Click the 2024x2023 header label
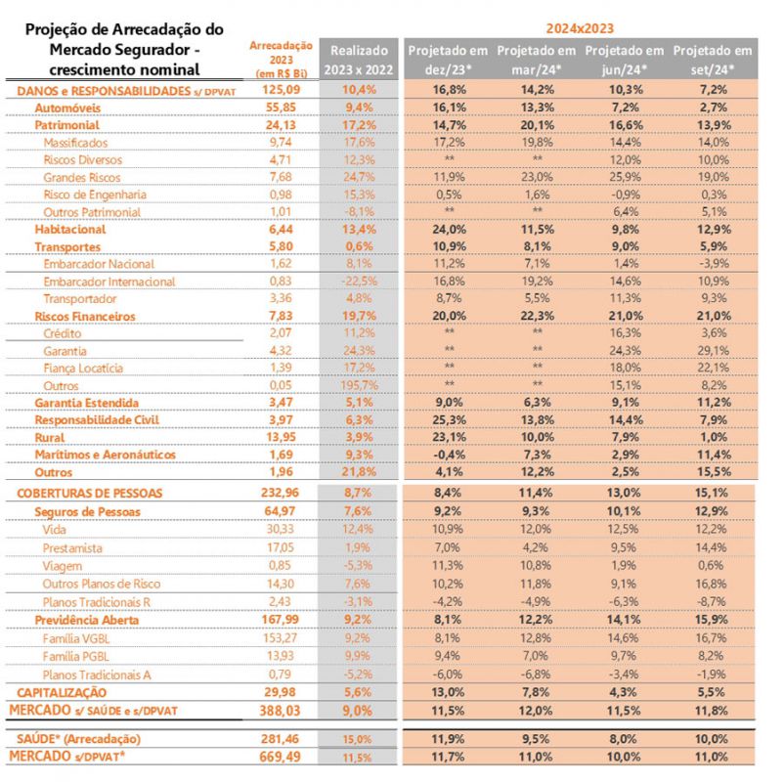click(582, 27)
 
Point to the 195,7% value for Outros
click(361, 385)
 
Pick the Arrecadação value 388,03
click(281, 708)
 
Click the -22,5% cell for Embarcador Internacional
click(361, 282)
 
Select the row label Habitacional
click(70, 229)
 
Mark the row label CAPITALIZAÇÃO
click(59, 692)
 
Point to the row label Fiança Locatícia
click(84, 368)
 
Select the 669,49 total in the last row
click(281, 757)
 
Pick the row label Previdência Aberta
click(85, 620)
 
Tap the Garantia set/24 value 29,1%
click(715, 350)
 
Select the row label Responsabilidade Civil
click(97, 420)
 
